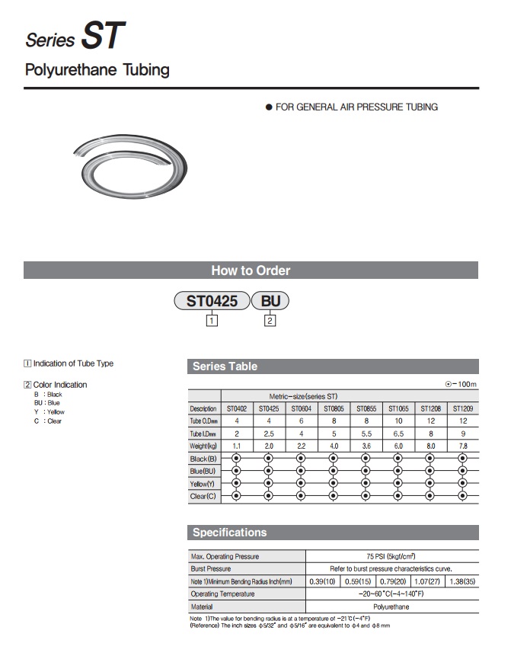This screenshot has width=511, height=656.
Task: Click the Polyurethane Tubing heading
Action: point(97,71)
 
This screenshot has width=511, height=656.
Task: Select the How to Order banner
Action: point(251,270)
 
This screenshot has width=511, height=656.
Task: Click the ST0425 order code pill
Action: point(212,300)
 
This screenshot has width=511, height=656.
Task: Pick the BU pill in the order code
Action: point(270,300)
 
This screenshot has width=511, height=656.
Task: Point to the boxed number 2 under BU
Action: point(270,321)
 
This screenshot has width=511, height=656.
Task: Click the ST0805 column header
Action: point(333,409)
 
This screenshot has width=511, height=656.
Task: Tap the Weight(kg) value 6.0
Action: point(398,446)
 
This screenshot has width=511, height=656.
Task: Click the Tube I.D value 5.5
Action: point(366,433)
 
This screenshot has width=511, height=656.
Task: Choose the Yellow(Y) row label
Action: point(203,484)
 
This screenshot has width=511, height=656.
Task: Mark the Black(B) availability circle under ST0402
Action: point(236,459)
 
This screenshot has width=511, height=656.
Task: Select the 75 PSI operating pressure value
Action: point(391,556)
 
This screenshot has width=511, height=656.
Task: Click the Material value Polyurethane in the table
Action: point(391,606)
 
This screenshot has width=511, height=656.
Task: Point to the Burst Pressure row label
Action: point(211,569)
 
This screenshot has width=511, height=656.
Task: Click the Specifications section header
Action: point(230,533)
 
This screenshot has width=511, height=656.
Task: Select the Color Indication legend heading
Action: point(60,385)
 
